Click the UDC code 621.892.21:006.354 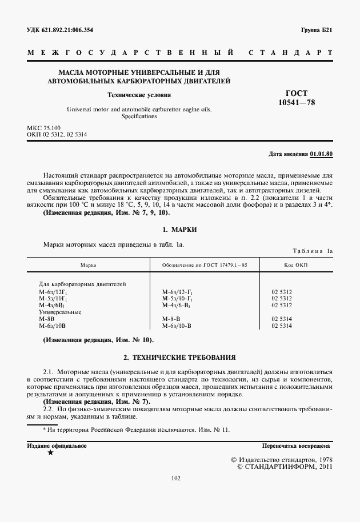point(60,30)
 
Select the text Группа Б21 point(316,30)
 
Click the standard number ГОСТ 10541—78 point(296,98)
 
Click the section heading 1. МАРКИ point(179,229)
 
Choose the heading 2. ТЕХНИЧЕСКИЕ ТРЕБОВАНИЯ point(179,358)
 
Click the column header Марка point(88,265)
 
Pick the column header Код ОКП point(295,265)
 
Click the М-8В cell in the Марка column point(46,319)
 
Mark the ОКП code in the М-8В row point(282,319)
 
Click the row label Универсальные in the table point(60,312)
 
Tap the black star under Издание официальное point(51,452)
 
